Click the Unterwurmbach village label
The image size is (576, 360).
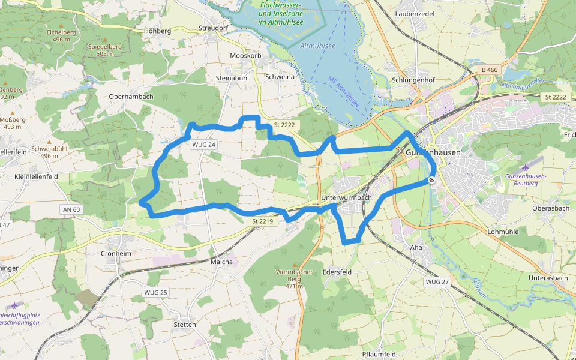click(346, 197)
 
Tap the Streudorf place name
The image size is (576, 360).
click(214, 28)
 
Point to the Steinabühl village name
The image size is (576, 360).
click(232, 78)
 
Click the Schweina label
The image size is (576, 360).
click(279, 77)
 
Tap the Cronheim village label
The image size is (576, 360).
click(116, 253)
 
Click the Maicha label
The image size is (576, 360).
click(221, 262)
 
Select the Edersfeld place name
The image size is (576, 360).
click(336, 272)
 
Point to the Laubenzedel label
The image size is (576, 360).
click(415, 13)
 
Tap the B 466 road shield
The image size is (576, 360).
click(490, 70)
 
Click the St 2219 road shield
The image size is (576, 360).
click(263, 222)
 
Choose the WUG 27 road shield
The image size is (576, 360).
click(436, 282)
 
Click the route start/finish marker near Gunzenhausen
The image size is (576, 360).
click(431, 180)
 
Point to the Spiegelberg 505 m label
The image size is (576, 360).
click(100, 50)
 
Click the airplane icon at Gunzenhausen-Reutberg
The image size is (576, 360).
click(526, 167)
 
